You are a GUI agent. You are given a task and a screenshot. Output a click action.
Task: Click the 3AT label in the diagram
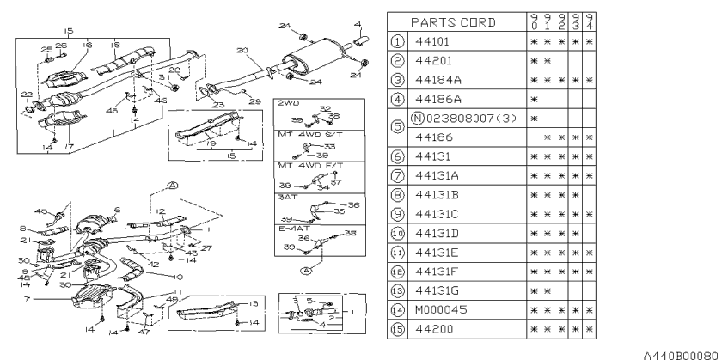[x=285, y=197]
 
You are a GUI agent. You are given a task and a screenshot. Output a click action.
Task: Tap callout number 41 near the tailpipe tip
[x=358, y=23]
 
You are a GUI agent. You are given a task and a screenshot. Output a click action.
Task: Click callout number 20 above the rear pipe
[x=243, y=51]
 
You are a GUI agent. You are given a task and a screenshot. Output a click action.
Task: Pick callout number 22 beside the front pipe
[x=26, y=94]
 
